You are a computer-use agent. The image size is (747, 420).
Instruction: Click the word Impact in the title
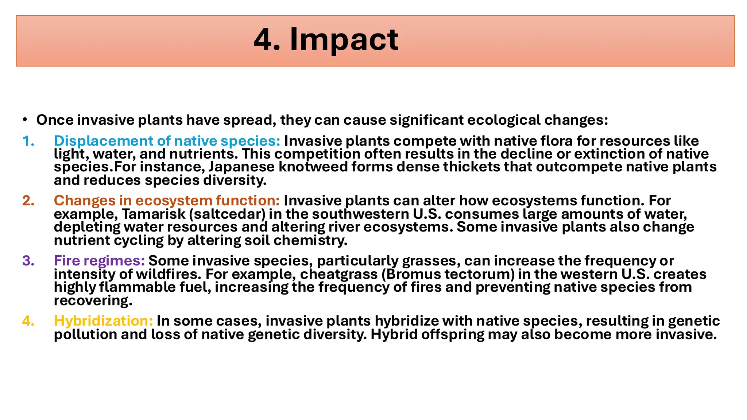[344, 40]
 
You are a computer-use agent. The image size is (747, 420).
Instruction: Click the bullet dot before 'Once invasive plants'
[24, 120]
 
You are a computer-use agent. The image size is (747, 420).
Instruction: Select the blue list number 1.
[28, 141]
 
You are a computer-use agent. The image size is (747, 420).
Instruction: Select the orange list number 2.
[28, 201]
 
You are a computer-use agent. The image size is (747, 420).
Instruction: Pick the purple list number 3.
[28, 261]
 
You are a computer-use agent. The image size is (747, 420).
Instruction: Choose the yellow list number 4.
[28, 321]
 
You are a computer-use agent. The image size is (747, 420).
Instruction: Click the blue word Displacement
[104, 141]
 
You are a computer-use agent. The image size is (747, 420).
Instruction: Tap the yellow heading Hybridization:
[103, 321]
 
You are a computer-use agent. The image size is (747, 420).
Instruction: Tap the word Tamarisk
[153, 214]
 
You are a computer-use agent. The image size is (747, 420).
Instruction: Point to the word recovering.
[93, 301]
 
